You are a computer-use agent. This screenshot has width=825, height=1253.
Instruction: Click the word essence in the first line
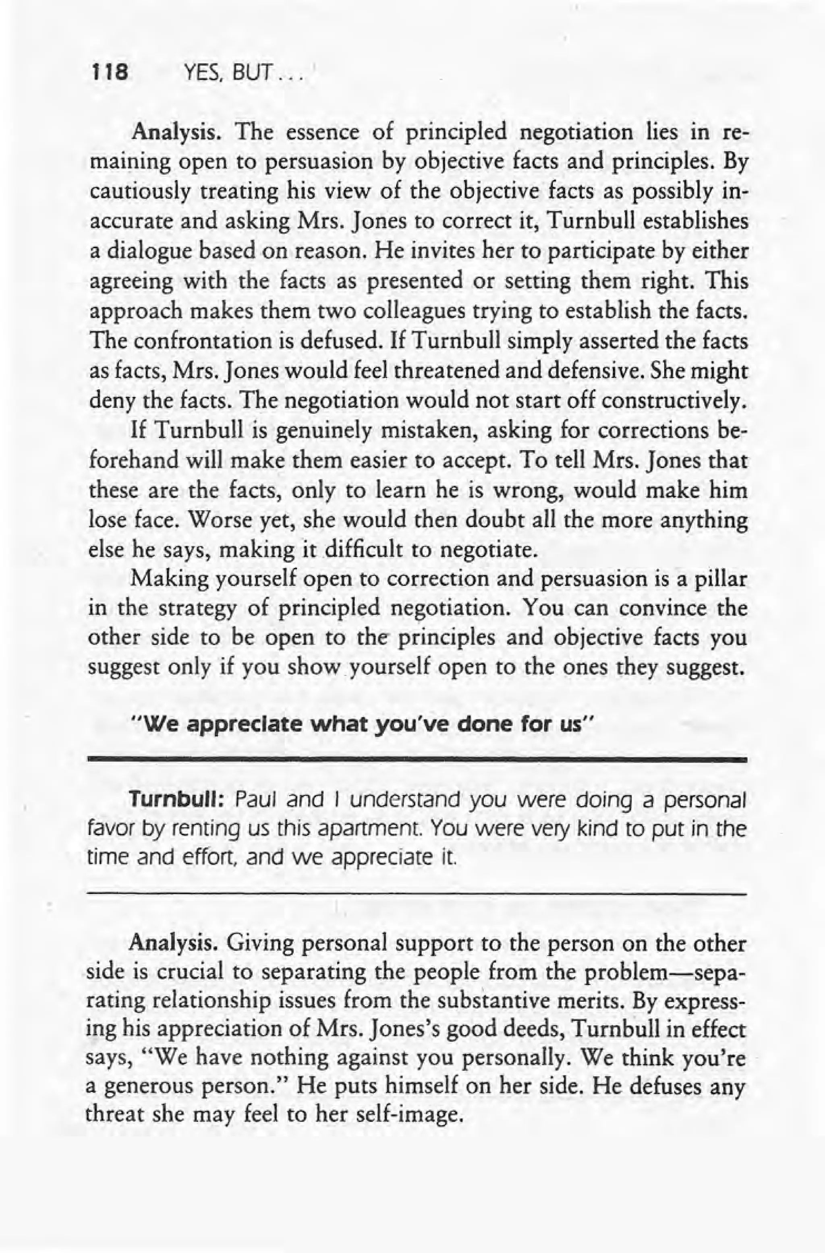pos(322,132)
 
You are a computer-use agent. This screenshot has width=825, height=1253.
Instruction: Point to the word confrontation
pos(212,341)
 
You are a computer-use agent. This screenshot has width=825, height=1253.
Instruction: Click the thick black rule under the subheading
pos(416,759)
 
